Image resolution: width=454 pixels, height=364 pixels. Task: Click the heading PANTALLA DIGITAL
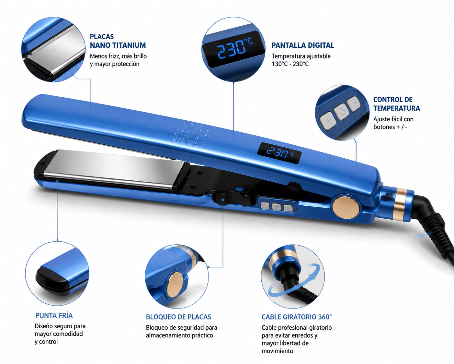[x=303, y=45]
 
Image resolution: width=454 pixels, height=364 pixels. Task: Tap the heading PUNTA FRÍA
[x=54, y=316]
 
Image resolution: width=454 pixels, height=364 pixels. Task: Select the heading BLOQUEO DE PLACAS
[x=178, y=317]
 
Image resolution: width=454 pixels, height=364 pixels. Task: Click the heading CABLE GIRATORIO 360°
[x=297, y=317]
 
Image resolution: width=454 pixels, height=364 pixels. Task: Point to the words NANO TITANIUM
[x=118, y=45]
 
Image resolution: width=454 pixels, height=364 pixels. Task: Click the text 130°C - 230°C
[x=290, y=64]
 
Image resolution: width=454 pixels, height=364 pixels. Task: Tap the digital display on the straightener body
[x=279, y=153]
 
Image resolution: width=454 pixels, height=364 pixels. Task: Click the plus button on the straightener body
[x=265, y=206]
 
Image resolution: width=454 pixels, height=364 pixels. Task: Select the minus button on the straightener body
[x=288, y=208]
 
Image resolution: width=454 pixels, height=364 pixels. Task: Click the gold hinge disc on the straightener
[x=346, y=207]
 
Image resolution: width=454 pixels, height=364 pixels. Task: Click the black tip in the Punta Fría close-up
[x=53, y=280]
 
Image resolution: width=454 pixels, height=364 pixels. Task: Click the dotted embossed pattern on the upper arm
[x=191, y=134]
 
